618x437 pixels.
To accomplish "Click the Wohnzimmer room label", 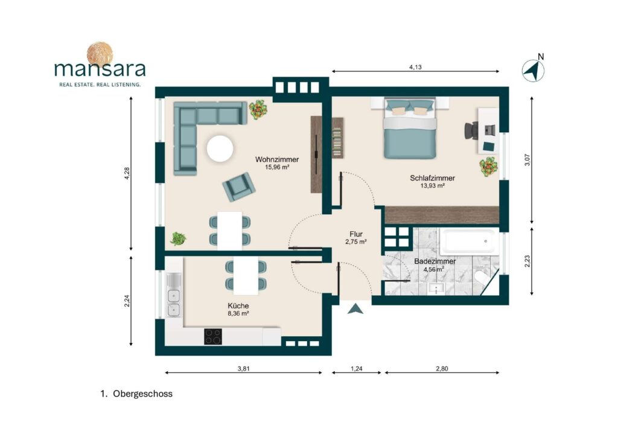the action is coord(276,159).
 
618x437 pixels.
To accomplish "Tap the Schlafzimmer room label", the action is coord(432,178).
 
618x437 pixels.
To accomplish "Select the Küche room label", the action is coord(238,306).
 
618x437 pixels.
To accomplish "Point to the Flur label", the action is coord(356,234).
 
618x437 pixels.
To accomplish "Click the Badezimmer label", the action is coord(435,261).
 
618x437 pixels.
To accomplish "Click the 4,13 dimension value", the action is coord(415,67).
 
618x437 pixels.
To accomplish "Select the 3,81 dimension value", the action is coord(244,369).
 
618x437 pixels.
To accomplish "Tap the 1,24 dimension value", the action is coord(356,369).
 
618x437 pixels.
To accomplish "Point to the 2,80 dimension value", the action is coord(442,369).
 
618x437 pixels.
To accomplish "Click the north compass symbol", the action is coord(534,70).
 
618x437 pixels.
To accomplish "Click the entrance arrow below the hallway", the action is coord(355,308).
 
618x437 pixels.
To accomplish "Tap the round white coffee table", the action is coord(220,148).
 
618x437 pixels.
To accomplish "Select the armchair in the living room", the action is coord(238,187).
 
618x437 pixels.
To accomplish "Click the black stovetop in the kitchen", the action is coord(213,337).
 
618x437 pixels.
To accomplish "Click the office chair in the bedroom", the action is coord(471,130).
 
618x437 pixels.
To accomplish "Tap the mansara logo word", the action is coord(100,69).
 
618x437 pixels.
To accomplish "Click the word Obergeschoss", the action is coord(142,394).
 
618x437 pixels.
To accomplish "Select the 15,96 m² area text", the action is coord(277,167).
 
